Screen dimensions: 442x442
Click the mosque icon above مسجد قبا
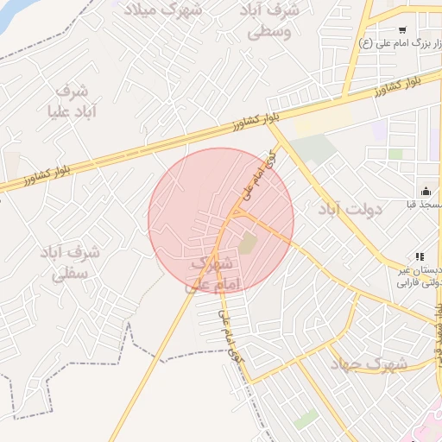tap(425, 191)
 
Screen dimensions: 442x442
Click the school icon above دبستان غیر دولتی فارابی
tap(420, 256)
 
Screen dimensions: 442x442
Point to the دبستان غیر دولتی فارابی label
tap(418, 276)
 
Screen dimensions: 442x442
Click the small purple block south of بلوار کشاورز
tap(379, 131)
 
